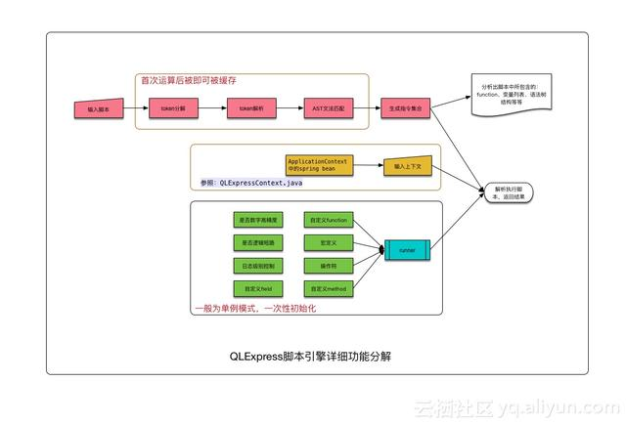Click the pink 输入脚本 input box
(99, 109)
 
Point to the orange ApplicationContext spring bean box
(317, 165)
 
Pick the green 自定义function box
(325, 220)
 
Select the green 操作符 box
(325, 267)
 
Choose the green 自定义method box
(325, 290)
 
